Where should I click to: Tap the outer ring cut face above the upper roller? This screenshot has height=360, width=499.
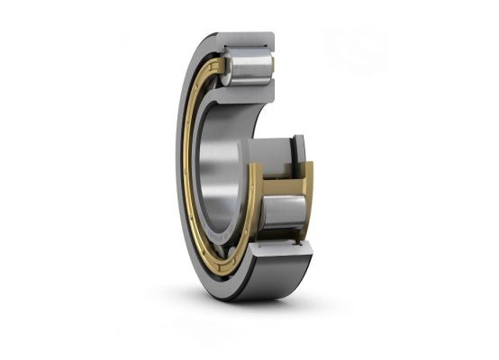pyautogui.click(x=248, y=41)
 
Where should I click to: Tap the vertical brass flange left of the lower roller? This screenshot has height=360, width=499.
pyautogui.click(x=256, y=202)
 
